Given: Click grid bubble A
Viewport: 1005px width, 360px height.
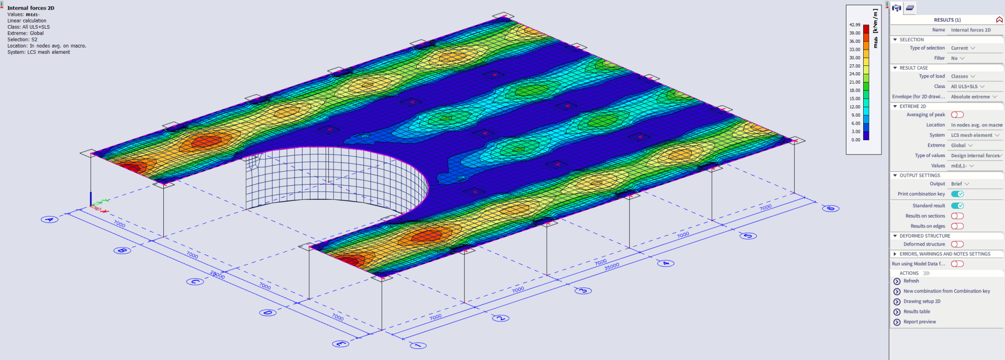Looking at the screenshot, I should click(x=50, y=219).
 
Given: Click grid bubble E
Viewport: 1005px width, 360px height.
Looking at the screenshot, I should click(x=341, y=344).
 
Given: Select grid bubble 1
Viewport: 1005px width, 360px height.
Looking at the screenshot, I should click(x=418, y=345).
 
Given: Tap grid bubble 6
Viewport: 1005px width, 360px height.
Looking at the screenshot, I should click(x=831, y=208).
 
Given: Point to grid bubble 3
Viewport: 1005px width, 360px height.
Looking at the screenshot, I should click(x=583, y=290).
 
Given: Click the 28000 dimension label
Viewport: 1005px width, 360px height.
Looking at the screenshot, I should click(x=217, y=275).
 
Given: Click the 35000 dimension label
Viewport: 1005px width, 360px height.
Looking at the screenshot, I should click(x=611, y=267).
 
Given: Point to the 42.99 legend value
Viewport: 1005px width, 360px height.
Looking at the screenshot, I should click(x=854, y=25).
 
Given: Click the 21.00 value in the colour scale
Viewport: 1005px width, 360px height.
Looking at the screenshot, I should click(x=854, y=82).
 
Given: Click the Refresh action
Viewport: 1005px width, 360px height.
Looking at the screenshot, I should click(x=911, y=281).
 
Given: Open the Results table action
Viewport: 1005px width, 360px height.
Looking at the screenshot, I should click(x=917, y=311).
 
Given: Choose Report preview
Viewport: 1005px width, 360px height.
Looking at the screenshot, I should click(x=919, y=322).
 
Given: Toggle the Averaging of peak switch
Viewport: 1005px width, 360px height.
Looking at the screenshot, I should click(x=957, y=115).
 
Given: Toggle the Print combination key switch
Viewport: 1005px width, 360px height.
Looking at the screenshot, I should click(x=957, y=194).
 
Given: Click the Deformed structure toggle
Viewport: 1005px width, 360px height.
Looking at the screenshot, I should click(x=957, y=244).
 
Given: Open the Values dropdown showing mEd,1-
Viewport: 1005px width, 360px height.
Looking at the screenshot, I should click(x=962, y=166).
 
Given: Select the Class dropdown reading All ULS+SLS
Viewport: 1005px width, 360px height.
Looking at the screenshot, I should click(x=967, y=86).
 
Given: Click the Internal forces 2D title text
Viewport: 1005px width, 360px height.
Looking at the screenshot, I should click(x=30, y=8).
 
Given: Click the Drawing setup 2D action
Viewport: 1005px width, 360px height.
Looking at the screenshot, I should click(x=921, y=301).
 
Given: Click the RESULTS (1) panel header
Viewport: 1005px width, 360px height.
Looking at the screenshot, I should click(x=947, y=20).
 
